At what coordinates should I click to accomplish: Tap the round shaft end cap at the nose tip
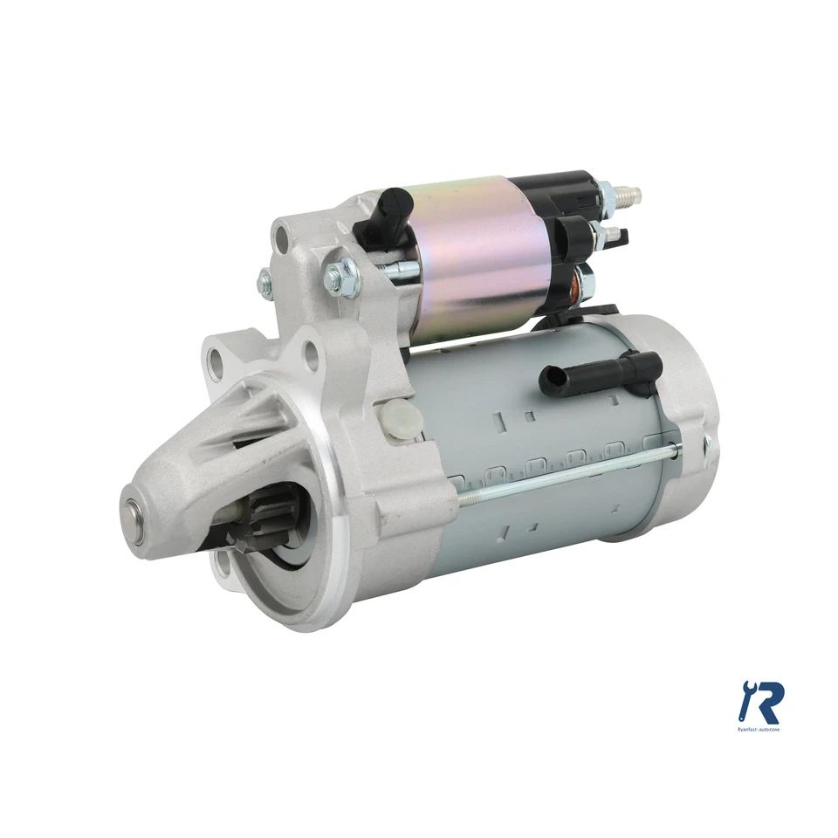coord(137,512)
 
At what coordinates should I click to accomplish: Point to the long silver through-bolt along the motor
coord(567,472)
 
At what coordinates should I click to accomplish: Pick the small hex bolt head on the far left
coord(264,280)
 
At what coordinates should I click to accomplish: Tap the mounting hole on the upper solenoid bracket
coord(281,237)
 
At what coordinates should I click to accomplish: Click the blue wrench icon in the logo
coord(747,697)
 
